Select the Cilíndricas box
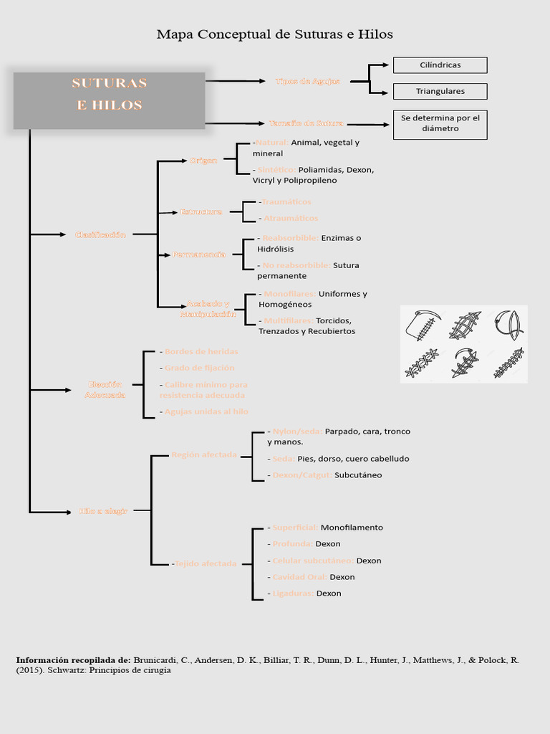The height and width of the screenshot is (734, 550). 440,65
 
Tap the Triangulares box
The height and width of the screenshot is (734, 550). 440,91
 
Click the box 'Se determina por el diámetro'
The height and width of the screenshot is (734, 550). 440,123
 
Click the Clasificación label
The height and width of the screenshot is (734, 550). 100,234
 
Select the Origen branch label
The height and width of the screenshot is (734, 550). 203,161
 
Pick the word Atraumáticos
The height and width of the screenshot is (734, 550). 291,218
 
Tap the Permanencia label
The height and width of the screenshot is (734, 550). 198,254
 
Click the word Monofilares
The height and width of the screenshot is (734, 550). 290,294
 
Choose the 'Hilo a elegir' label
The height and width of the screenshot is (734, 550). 103,511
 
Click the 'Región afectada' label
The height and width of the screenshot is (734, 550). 204,455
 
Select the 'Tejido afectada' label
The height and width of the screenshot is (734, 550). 206,563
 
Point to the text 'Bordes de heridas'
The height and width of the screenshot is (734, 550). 201,351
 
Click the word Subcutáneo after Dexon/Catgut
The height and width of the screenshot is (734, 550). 358,475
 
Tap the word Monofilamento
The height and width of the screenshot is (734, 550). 352,528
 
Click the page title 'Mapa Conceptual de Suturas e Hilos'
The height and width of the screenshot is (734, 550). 275,34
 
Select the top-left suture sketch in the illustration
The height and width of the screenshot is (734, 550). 423,325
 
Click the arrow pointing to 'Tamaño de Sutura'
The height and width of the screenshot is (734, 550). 236,123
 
